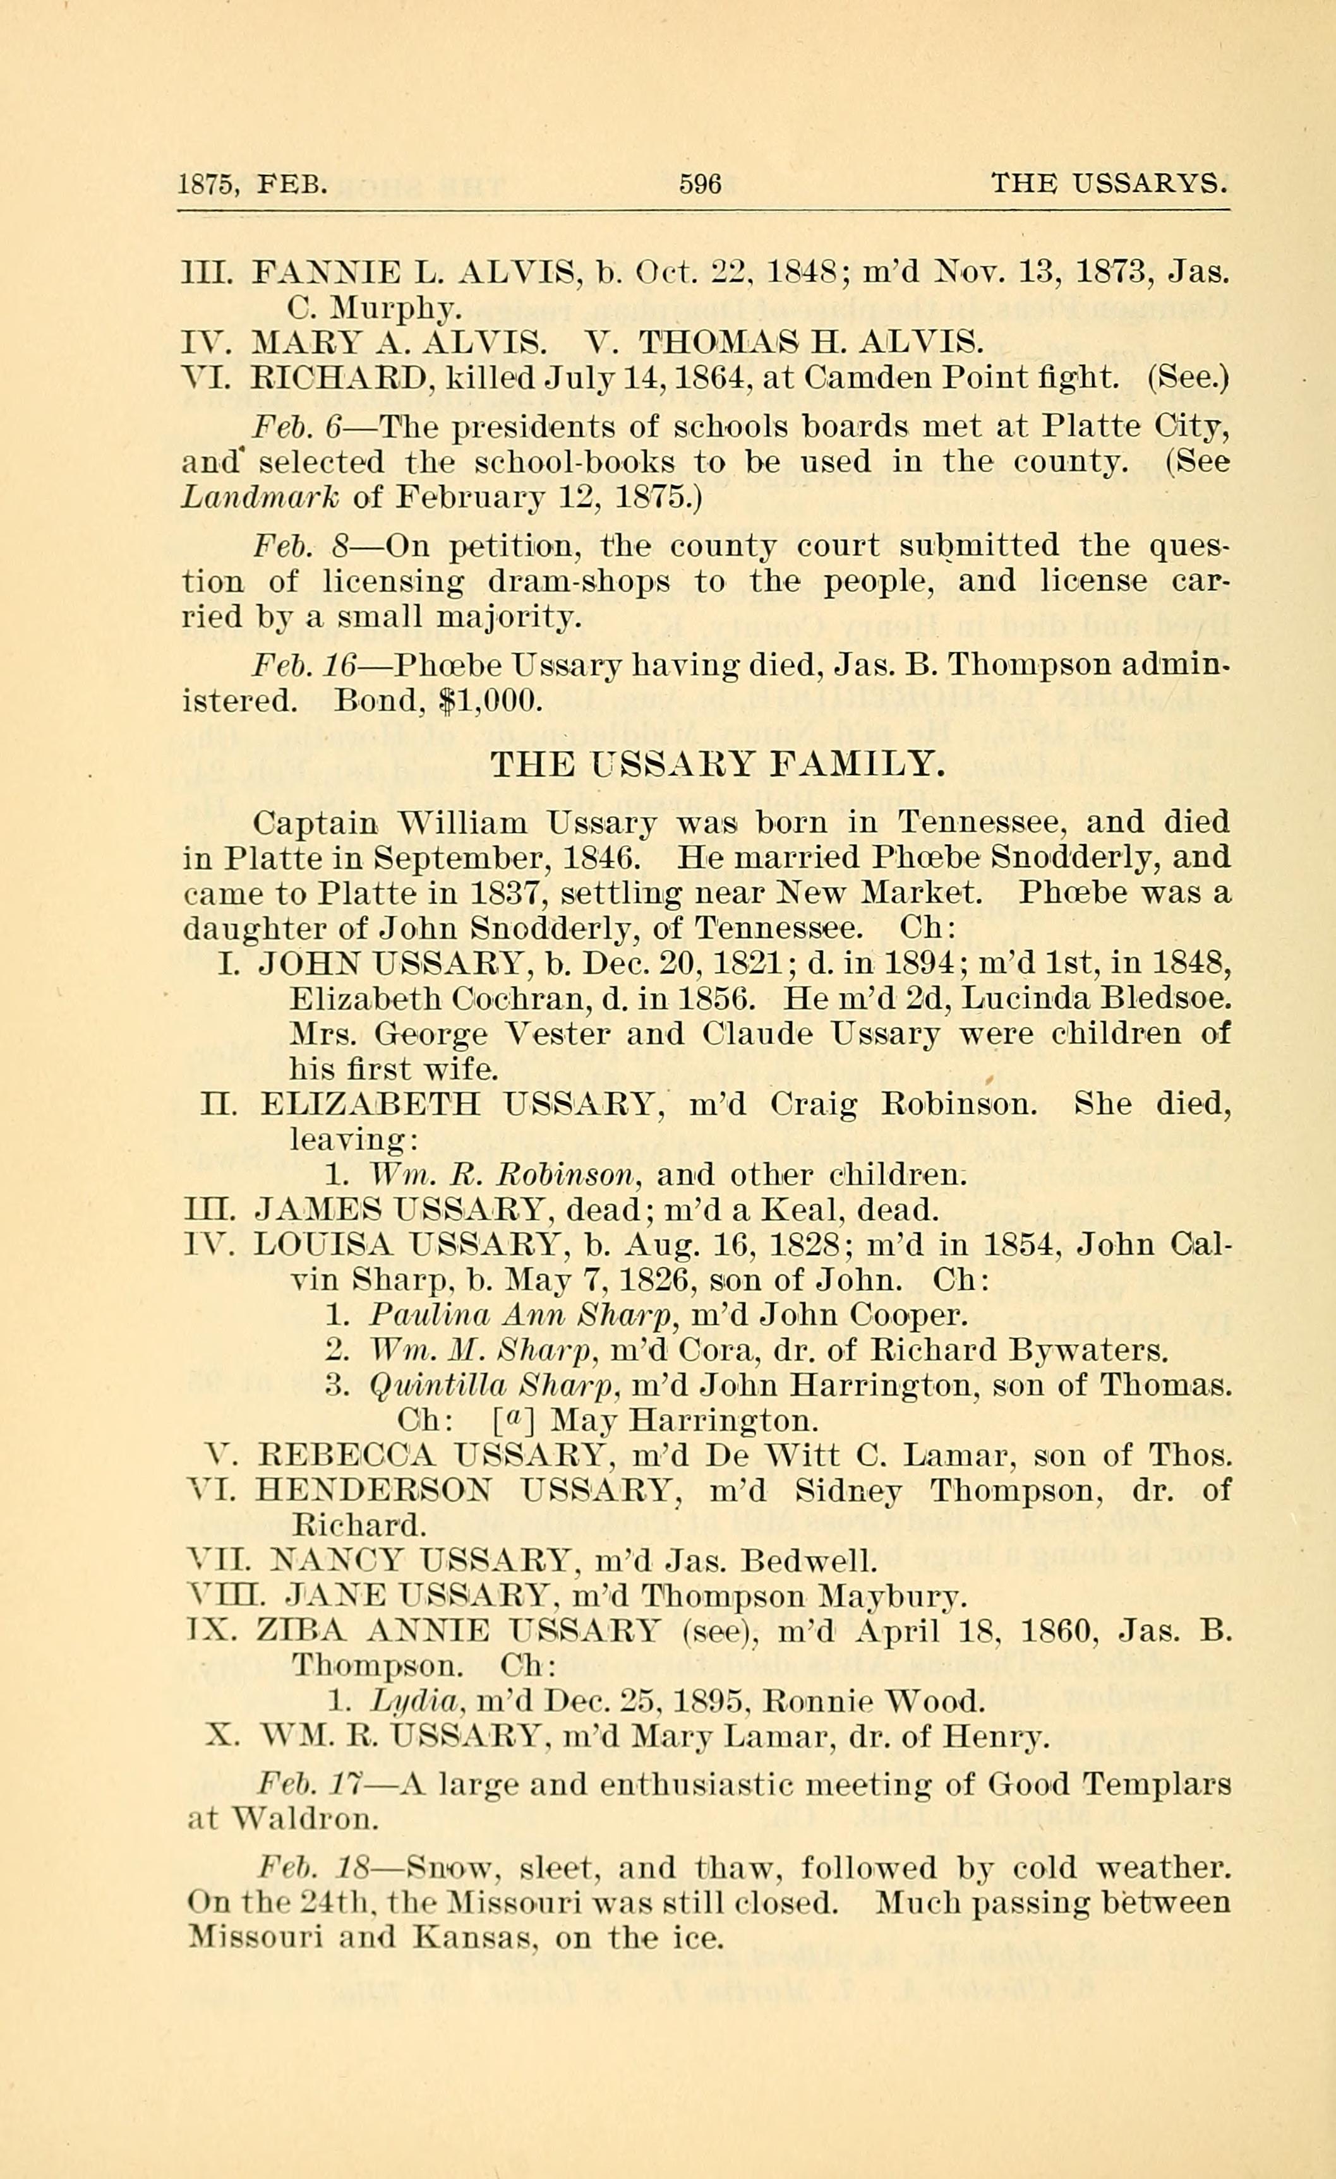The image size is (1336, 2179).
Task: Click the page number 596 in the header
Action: [700, 184]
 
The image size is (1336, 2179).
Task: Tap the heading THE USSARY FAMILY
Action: [718, 763]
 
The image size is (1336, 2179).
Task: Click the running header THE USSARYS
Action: [1109, 184]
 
